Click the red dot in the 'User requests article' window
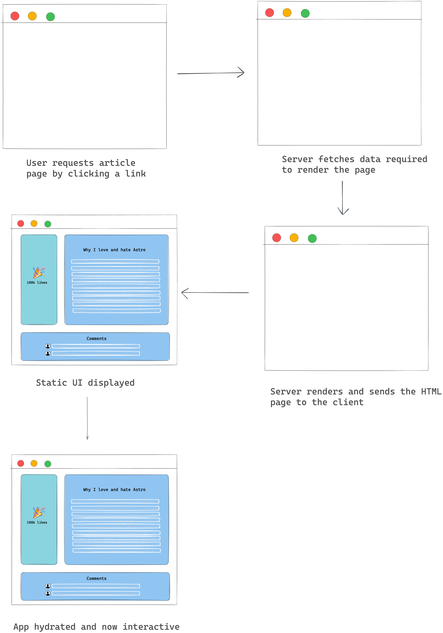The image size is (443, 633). pos(15,16)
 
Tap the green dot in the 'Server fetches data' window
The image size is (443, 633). pos(305,13)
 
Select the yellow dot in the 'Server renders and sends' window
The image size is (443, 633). pos(294,238)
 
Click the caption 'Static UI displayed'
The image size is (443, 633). pos(85,383)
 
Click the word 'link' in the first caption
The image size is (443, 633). pos(135,174)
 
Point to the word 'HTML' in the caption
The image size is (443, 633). pos(431,392)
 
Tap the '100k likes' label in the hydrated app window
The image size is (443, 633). pos(37,522)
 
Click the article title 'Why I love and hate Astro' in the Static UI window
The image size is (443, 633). pos(114,250)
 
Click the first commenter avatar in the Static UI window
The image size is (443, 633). pos(48,346)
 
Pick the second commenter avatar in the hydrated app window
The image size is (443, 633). pos(48,593)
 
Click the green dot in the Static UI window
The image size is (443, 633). pos(48,224)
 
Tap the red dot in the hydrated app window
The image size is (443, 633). pos(21,463)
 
